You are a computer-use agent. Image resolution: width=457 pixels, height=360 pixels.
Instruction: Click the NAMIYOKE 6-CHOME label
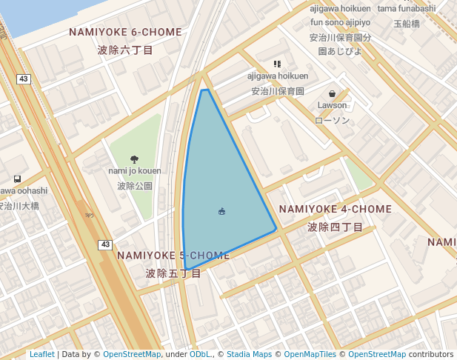pos(125,33)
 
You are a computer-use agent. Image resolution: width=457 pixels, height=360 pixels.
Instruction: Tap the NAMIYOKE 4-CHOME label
pos(335,210)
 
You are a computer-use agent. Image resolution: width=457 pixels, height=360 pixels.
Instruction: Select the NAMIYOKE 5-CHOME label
pos(173,256)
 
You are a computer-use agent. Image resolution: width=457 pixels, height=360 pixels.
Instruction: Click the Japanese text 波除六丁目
pos(125,50)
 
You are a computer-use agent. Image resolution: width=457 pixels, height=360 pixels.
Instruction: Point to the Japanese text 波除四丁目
pos(335,227)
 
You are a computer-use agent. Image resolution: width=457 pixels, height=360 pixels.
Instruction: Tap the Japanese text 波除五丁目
pos(173,273)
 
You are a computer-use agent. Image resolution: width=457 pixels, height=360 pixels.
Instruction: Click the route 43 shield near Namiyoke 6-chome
pos(24,79)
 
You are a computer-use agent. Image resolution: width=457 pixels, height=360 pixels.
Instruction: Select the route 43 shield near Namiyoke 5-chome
pos(106,244)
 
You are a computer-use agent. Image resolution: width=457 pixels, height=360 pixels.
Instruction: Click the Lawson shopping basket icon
pos(332,94)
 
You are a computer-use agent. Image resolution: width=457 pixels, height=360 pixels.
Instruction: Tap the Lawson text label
pos(332,105)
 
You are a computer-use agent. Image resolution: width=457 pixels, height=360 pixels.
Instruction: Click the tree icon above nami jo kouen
pos(134,159)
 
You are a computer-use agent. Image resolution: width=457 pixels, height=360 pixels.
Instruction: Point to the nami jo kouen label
pos(134,171)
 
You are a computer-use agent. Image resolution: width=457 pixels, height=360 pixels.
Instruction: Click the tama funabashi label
pos(407,8)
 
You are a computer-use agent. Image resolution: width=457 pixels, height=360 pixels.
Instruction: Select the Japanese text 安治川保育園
pos(278,91)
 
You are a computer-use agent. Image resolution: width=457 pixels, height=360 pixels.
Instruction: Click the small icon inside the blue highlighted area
pos(221,212)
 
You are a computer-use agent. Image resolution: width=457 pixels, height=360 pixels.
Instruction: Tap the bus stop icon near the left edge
pos(17,179)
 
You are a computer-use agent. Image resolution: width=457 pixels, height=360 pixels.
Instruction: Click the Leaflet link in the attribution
pos(41,354)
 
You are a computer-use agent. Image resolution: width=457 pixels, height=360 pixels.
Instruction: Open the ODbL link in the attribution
pos(200,354)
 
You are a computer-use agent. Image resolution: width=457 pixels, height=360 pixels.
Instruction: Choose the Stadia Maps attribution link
pos(249,354)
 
